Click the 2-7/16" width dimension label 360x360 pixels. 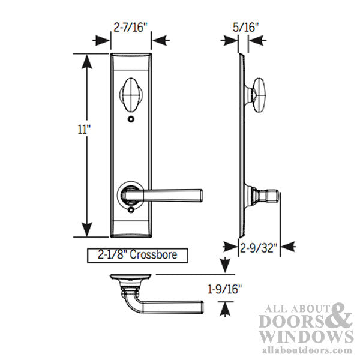[130, 27]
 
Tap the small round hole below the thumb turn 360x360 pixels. [130, 120]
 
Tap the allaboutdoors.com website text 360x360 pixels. [308, 350]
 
